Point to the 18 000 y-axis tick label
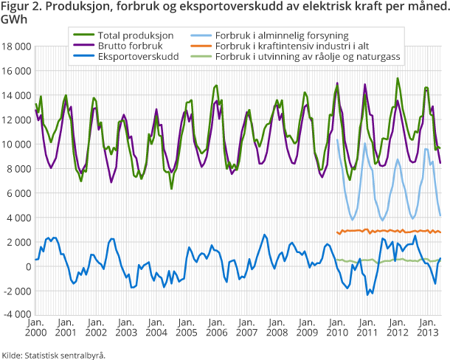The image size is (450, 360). (16, 46)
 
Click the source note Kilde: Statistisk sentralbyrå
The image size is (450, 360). (54, 354)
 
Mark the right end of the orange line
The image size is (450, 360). (441, 232)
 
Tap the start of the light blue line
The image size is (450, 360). (336, 139)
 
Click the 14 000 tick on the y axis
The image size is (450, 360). (16, 95)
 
